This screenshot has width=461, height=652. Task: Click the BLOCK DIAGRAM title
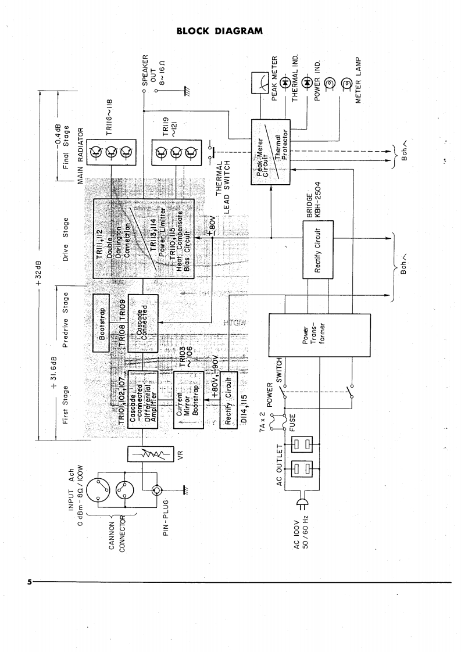220,30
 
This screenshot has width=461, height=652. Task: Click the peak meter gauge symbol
260,84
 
